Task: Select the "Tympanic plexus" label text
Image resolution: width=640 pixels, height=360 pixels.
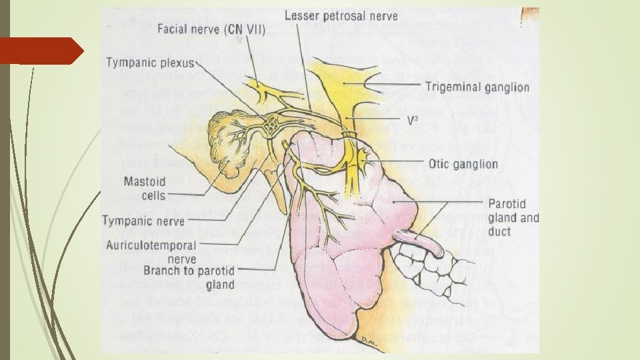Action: point(150,63)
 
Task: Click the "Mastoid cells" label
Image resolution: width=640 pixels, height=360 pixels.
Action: point(141,187)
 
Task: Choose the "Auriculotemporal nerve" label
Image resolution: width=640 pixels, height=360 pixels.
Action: point(151,251)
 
